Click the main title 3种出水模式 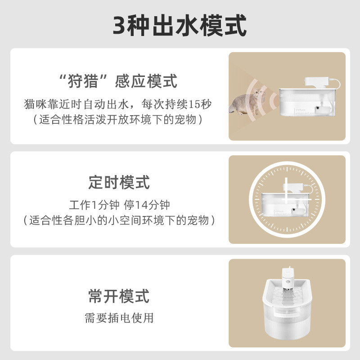click(x=180, y=26)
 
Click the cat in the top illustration click(x=246, y=102)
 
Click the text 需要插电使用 click(x=119, y=318)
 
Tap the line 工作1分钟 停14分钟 click(x=119, y=205)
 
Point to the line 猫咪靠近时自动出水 click(x=76, y=104)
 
